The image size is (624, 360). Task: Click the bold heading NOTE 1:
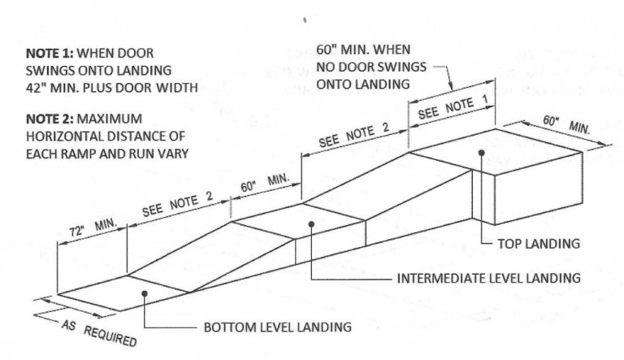coord(50,53)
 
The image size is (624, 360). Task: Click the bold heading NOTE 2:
coord(50,119)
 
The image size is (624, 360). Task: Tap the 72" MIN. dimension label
coord(93,228)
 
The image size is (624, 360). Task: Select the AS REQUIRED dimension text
coord(99,333)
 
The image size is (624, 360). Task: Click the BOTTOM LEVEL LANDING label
coord(277,327)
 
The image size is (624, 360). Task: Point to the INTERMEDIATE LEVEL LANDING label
coord(488,278)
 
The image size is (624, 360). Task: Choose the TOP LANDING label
coord(539,243)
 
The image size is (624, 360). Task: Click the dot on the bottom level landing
coord(145,293)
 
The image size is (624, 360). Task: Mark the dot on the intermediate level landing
coord(311,224)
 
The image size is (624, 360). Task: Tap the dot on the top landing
coord(482,153)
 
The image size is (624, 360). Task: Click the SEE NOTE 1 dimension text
coord(453,108)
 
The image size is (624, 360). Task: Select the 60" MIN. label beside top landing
coord(566,124)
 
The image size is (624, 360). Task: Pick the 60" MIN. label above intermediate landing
coord(265,183)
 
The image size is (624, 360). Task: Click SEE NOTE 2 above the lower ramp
coord(177,204)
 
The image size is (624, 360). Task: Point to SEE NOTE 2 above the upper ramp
coord(353,135)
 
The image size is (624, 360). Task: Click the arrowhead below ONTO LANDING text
coord(451,86)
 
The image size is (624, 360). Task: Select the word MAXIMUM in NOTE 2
coord(110,119)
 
